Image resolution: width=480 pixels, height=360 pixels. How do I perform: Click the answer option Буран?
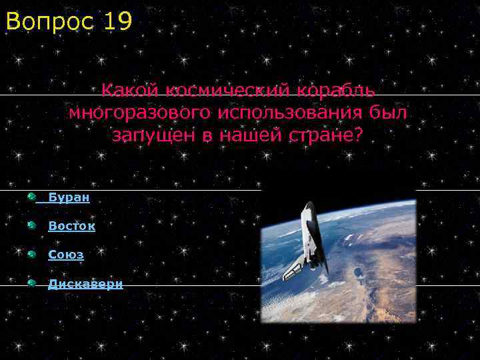pyautogui.click(x=69, y=198)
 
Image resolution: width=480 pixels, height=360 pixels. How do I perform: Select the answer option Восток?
pyautogui.click(x=71, y=226)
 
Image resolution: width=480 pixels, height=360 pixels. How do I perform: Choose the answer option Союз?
pyautogui.click(x=65, y=255)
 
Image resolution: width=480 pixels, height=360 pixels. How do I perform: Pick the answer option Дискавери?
pyautogui.click(x=85, y=284)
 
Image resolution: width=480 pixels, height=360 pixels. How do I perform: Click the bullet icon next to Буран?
pyautogui.click(x=31, y=197)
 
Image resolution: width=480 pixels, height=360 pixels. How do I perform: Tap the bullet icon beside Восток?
pyautogui.click(x=31, y=225)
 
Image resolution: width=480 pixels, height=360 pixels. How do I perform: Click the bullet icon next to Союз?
pyautogui.click(x=31, y=254)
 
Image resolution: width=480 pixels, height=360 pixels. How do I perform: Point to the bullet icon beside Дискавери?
pyautogui.click(x=31, y=283)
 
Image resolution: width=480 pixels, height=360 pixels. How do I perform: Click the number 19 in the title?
pyautogui.click(x=117, y=21)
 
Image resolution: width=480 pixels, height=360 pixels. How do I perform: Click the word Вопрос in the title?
pyautogui.click(x=50, y=21)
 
